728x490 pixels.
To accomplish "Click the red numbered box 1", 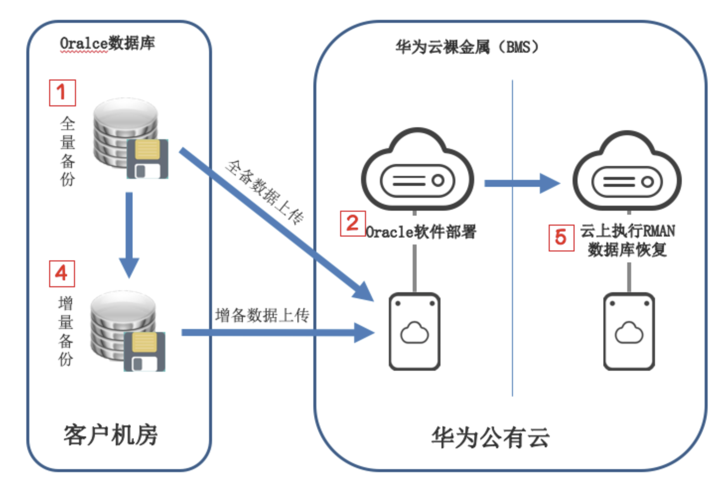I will pyautogui.click(x=62, y=92).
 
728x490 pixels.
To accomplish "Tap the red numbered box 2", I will pyautogui.click(x=353, y=223).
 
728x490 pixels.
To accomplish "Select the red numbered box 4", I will pyautogui.click(x=62, y=273).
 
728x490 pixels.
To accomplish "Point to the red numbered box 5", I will pyautogui.click(x=561, y=238).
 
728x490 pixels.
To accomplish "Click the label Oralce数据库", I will pyautogui.click(x=107, y=44).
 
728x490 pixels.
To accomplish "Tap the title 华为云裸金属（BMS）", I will pyautogui.click(x=467, y=47).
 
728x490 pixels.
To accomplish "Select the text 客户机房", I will pyautogui.click(x=110, y=435).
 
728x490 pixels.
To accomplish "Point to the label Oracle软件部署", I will pyautogui.click(x=421, y=232).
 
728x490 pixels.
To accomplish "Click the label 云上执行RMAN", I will pyautogui.click(x=627, y=231).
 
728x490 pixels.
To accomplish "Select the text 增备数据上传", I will pyautogui.click(x=262, y=315).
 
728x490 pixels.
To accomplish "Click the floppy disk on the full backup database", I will pyautogui.click(x=147, y=159).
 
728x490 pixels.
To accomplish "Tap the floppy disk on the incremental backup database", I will pyautogui.click(x=145, y=351).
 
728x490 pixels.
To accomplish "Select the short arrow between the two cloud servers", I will pyautogui.click(x=521, y=183).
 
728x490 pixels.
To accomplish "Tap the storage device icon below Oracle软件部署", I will pyautogui.click(x=415, y=331).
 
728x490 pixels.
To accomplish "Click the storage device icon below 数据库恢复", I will pyautogui.click(x=629, y=331).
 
